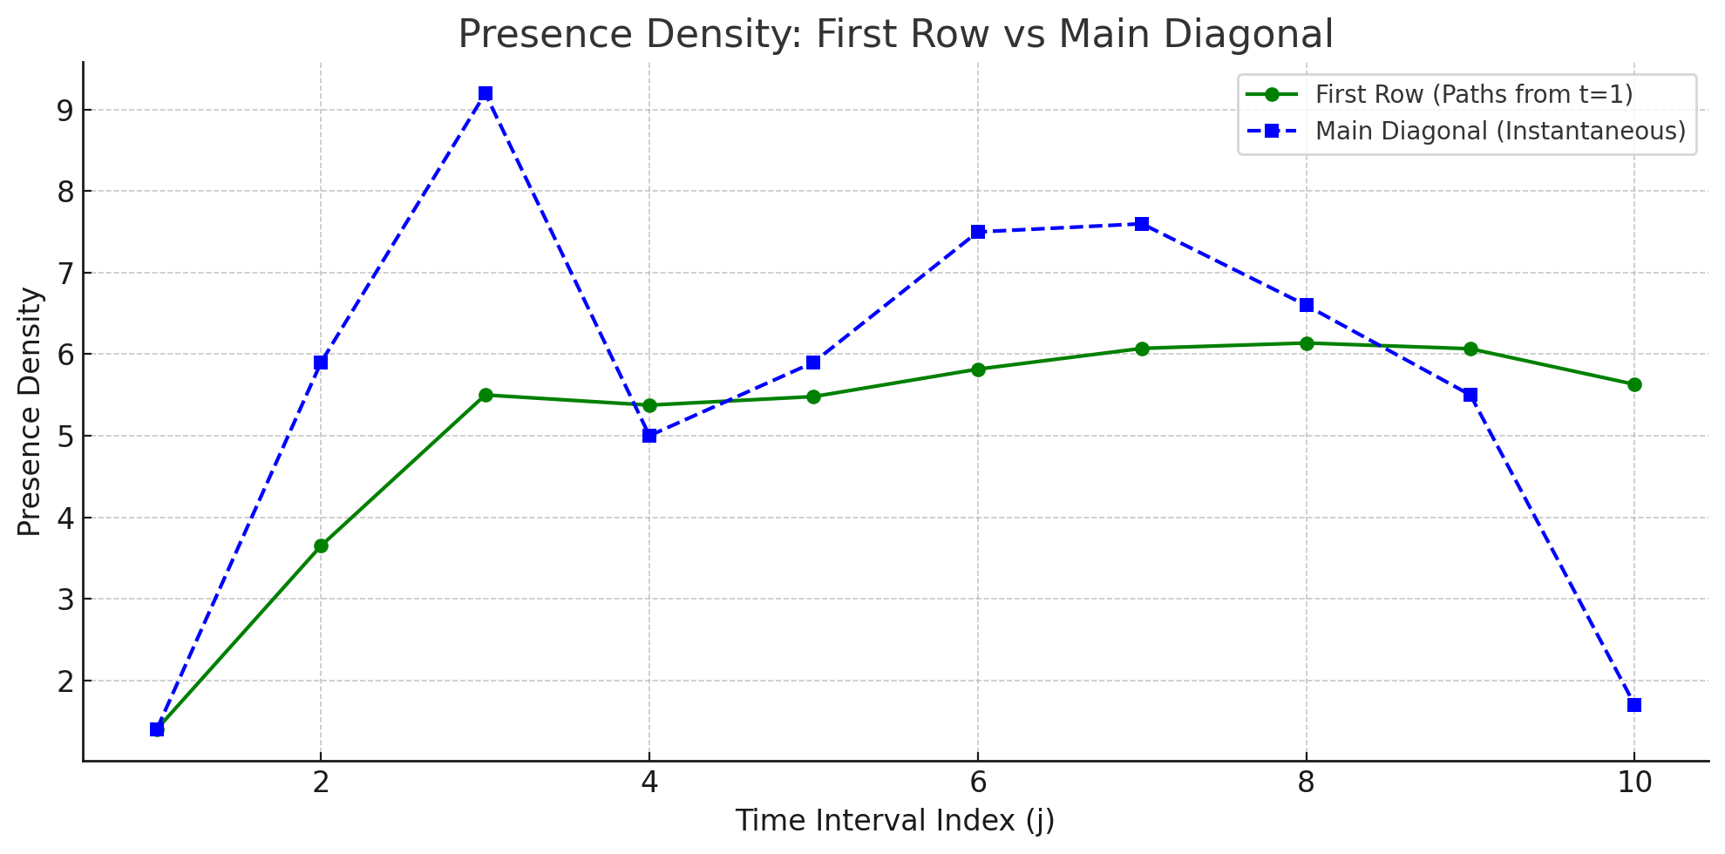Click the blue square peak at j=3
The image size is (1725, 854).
click(486, 93)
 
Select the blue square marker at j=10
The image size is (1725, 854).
click(1634, 705)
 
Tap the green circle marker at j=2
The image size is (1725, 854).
click(321, 546)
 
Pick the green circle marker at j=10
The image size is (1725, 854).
click(1634, 384)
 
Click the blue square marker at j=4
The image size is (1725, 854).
click(649, 436)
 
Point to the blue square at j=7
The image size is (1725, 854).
click(1142, 224)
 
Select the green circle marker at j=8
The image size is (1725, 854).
click(1307, 343)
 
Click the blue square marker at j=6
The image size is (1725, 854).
click(978, 232)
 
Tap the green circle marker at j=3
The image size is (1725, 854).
click(486, 395)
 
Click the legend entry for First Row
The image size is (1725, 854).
click(1473, 94)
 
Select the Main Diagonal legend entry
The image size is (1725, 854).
click(1499, 131)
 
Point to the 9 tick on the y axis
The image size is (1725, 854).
click(66, 111)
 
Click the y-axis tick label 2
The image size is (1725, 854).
click(66, 681)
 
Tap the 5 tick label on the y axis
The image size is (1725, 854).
click(66, 437)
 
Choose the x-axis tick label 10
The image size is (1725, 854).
click(1634, 783)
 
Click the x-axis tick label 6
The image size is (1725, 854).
click(978, 783)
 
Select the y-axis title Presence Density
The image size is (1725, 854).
click(30, 411)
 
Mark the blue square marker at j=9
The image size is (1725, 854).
click(1470, 395)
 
